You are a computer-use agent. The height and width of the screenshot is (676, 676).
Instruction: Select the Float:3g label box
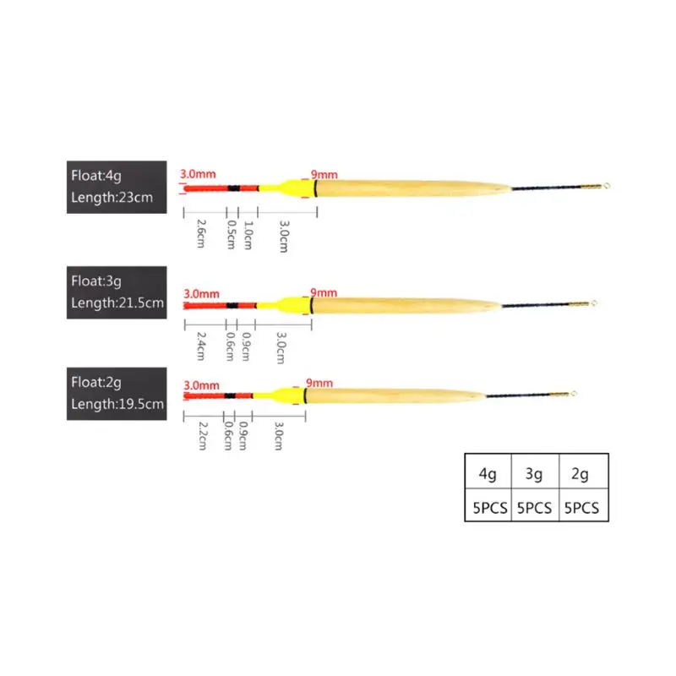point(118,292)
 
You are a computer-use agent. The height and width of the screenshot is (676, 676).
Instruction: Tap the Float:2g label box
point(118,394)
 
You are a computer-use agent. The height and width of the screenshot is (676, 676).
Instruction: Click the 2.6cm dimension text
point(201,233)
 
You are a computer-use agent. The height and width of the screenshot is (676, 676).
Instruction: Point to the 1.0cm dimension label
point(248,233)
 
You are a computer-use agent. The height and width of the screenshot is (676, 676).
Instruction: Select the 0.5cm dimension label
point(231,233)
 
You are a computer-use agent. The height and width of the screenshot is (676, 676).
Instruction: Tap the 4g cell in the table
point(488,474)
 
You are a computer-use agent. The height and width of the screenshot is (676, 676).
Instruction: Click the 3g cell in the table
point(534,474)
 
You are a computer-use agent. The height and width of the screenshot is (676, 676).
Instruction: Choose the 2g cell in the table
point(582,474)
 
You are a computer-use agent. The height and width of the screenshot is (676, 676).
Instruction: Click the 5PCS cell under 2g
point(582,508)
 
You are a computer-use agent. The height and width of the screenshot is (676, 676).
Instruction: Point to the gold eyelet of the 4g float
point(606,186)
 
